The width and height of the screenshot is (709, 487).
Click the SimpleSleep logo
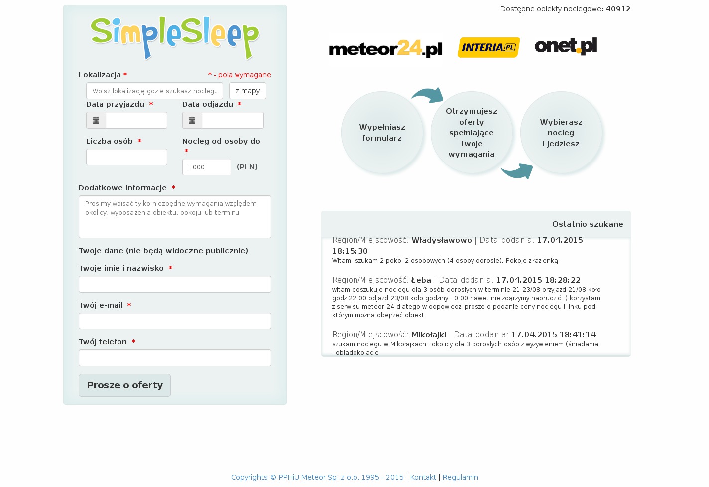click(175, 37)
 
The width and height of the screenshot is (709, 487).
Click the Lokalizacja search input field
click(154, 91)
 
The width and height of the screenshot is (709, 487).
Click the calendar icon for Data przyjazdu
click(96, 120)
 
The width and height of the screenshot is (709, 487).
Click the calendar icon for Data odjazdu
click(192, 120)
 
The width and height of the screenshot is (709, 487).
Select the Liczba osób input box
click(126, 157)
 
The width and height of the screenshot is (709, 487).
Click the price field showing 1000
click(206, 167)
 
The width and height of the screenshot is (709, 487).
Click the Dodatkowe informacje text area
click(175, 217)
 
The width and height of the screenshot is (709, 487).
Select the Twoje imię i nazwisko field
click(175, 284)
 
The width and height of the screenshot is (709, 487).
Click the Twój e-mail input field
click(175, 321)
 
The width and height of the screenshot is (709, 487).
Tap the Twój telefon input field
click(175, 358)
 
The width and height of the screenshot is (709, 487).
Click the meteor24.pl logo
click(385, 49)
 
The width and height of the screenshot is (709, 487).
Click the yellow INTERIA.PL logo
click(488, 47)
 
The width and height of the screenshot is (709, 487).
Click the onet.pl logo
click(566, 46)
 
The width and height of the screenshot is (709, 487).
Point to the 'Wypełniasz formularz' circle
click(382, 133)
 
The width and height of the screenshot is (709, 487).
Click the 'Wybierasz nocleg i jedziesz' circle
click(561, 133)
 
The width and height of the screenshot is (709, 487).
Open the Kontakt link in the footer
click(423, 477)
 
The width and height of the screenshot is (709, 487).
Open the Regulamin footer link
click(460, 477)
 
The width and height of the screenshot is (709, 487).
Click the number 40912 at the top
click(618, 9)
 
